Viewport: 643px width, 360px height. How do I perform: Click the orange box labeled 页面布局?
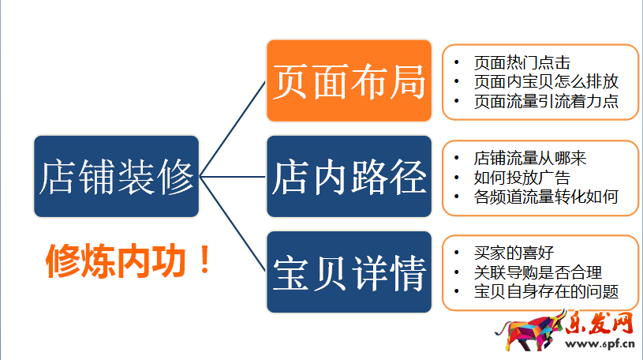point(349,81)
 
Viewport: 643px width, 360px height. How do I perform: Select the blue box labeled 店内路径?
point(349,177)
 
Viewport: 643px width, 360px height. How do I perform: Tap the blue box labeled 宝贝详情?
point(349,273)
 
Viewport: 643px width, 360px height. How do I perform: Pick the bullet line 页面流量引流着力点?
point(545,101)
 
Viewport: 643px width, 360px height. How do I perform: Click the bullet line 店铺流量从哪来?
point(529,159)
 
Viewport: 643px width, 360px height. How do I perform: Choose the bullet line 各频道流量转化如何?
point(545,197)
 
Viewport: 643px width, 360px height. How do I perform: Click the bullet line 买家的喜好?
point(514,253)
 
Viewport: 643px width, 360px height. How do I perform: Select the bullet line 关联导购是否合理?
point(537,273)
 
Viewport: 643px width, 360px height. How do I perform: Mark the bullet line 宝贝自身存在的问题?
point(545,292)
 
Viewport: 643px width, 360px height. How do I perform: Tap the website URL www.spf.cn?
point(600,345)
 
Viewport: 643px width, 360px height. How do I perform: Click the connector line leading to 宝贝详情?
point(233,225)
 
